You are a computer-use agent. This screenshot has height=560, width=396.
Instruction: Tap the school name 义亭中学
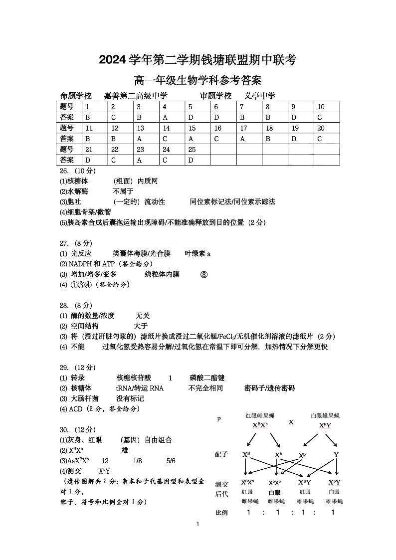[x=260, y=96]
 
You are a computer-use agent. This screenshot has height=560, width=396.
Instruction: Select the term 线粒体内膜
[x=162, y=274]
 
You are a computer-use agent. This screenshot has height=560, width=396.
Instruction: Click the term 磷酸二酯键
[x=207, y=378]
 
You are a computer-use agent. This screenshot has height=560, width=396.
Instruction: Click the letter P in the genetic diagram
[x=218, y=419]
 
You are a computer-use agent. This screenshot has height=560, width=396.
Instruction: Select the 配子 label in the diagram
[x=221, y=454]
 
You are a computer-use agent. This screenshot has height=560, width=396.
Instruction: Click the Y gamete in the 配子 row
[x=336, y=455]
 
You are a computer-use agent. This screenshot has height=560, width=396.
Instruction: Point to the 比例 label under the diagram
[x=221, y=513]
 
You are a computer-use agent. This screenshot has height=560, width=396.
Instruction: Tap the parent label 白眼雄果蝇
[x=325, y=415]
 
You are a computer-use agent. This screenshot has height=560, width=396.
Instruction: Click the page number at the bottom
[x=198, y=538]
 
